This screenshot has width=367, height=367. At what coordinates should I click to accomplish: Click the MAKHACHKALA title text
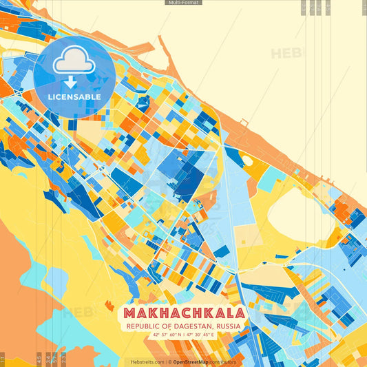tap(183, 313)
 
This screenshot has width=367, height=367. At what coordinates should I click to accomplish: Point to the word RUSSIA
tap(227, 326)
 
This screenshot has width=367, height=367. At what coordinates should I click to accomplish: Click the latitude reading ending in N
tap(166, 335)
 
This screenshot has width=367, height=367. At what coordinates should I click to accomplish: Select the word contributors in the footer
tap(223, 361)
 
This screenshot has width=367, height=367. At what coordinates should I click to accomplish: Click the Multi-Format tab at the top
tap(183, 3)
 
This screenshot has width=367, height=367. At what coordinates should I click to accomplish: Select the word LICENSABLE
tap(74, 97)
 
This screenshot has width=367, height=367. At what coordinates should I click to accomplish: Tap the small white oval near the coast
tap(247, 160)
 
